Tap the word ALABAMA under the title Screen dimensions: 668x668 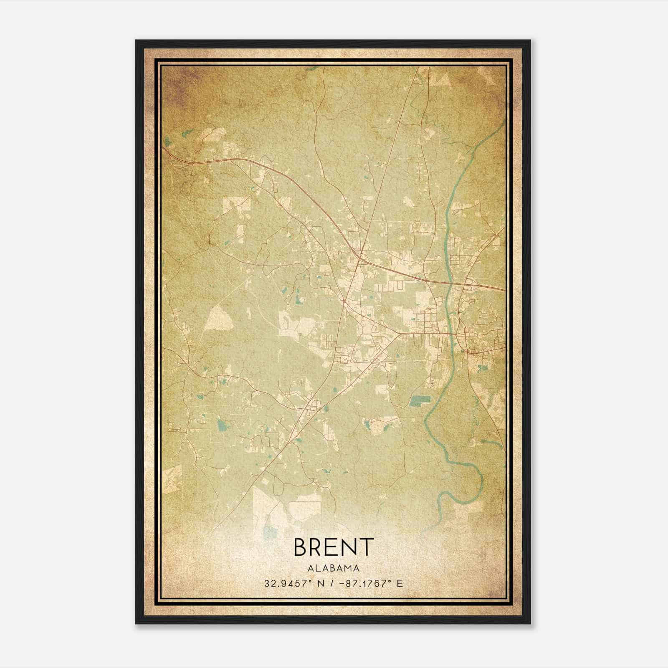(x=334, y=568)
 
